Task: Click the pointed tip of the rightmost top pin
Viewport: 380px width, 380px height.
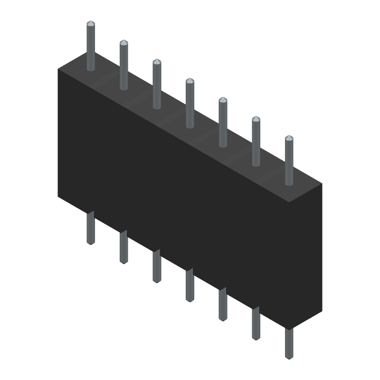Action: click(289, 137)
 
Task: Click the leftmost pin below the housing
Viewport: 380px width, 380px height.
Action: click(91, 228)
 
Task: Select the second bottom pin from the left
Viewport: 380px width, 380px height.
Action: click(123, 247)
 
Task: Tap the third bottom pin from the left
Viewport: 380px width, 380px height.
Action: click(157, 266)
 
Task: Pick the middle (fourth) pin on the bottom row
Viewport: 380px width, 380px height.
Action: click(190, 285)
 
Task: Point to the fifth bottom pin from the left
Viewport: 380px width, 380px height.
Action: click(223, 304)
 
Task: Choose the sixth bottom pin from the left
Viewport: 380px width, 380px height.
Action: click(256, 323)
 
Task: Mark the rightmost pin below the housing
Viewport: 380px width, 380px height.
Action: click(289, 343)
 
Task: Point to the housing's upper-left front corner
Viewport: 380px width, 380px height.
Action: click(58, 69)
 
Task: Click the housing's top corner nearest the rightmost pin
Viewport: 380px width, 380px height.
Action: click(322, 183)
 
